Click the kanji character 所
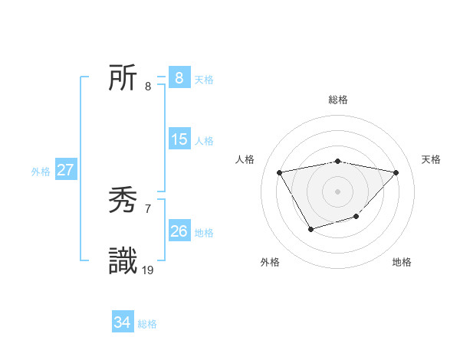click(x=123, y=78)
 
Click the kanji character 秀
click(x=123, y=202)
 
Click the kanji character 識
click(x=123, y=261)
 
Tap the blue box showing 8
click(x=179, y=78)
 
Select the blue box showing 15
click(x=179, y=139)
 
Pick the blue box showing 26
click(x=179, y=231)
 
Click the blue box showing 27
click(x=65, y=170)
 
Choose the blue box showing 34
click(x=122, y=323)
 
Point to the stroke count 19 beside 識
click(x=148, y=270)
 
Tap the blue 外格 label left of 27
click(x=41, y=172)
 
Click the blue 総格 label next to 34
click(x=147, y=324)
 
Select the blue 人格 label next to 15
click(x=204, y=141)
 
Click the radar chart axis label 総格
click(x=337, y=100)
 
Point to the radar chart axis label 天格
click(x=431, y=159)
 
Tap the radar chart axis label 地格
click(x=402, y=262)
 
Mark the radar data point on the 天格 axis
click(x=396, y=172)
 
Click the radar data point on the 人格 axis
click(x=279, y=172)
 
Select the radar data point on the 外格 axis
click(x=310, y=228)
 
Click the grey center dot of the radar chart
click(x=337, y=191)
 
